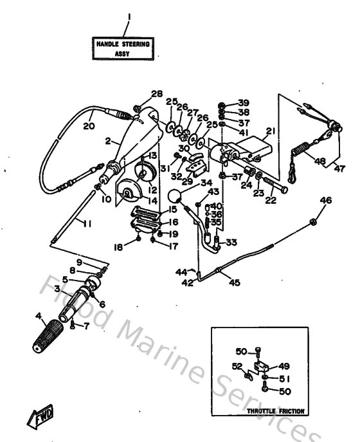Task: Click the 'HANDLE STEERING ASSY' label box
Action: (123, 49)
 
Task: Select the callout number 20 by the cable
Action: (88, 127)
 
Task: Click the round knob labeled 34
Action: (174, 196)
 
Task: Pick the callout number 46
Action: (326, 201)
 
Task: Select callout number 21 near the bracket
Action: (270, 132)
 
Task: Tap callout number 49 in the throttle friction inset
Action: (283, 366)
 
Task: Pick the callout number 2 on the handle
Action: (109, 140)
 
